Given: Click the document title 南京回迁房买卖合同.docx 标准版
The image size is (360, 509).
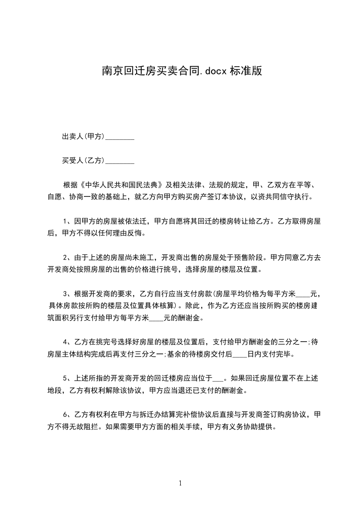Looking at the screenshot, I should pos(181,71).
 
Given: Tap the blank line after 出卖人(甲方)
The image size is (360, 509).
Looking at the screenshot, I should pos(119,137).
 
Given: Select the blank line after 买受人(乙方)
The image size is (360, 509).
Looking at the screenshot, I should pos(119,161).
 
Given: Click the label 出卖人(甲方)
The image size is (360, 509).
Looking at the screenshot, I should pos(84,137).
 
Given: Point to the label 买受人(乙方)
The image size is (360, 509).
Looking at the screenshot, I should pos(84,161).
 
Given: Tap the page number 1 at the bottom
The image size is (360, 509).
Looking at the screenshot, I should pos(180,483).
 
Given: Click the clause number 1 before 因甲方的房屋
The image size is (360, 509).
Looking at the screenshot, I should pos(65,221).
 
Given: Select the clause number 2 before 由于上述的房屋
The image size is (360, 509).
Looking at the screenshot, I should pos(65,257).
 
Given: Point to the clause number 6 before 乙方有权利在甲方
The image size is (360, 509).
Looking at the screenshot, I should pos(65,414).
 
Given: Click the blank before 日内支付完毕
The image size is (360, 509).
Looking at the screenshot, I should pos(240,354).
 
